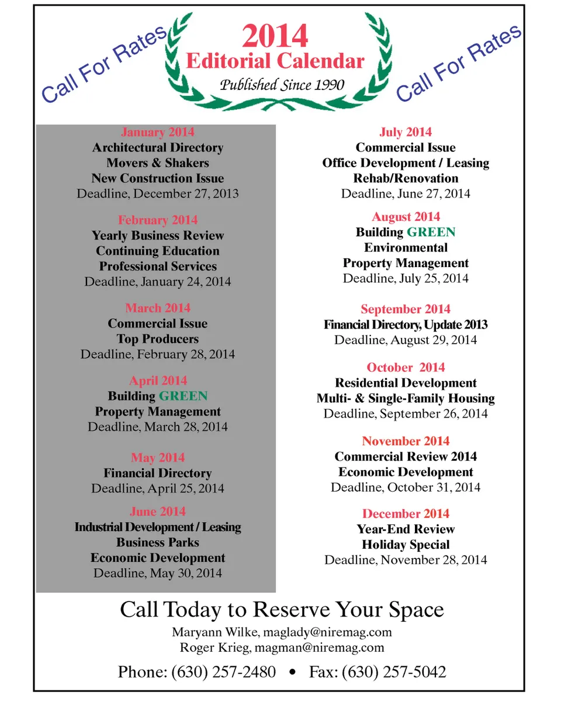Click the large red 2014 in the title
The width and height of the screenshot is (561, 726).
[x=275, y=36]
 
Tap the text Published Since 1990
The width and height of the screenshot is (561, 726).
[x=282, y=85]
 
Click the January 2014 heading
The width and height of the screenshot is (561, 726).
[x=158, y=132]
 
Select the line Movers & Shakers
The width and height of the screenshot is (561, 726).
[x=158, y=163]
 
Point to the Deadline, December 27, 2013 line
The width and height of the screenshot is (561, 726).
[x=158, y=193]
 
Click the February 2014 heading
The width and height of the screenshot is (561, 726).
[x=158, y=220]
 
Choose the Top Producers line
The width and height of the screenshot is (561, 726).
[x=158, y=339]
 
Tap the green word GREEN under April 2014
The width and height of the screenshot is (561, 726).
[x=183, y=396]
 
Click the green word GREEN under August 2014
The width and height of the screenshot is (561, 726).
[x=431, y=233]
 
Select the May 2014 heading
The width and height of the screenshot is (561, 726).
[x=158, y=458]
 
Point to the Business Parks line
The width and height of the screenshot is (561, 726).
[x=158, y=542]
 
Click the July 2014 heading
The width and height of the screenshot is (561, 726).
[x=406, y=132]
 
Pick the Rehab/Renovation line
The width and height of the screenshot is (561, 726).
[x=406, y=178]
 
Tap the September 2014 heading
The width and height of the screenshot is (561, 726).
[x=406, y=309]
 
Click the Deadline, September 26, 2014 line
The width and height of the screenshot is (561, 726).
[x=406, y=414]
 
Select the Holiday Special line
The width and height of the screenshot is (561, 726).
[x=406, y=545]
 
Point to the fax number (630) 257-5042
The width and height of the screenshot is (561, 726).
[x=394, y=672]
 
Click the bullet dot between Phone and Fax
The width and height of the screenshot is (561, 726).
[x=292, y=673]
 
